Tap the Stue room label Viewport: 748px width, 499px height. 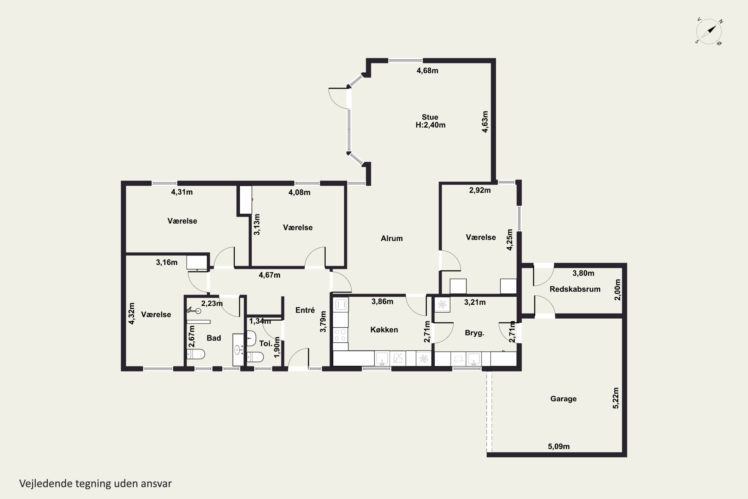click(x=430, y=117)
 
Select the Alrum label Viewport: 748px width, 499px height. click(x=392, y=238)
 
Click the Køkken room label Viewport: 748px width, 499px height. click(x=384, y=330)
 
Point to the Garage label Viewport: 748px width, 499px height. click(x=563, y=399)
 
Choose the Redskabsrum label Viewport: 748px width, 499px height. click(x=575, y=289)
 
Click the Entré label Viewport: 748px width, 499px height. click(x=305, y=310)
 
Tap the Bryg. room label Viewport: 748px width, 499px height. click(x=474, y=333)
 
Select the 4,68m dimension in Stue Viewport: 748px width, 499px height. click(x=427, y=71)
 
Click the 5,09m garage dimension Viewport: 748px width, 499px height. click(x=559, y=447)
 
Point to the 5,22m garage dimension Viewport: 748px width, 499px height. click(x=616, y=398)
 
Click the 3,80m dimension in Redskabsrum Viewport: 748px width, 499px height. click(x=583, y=273)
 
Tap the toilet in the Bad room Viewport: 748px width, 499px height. click(x=195, y=354)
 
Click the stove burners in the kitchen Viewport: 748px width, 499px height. click(x=340, y=335)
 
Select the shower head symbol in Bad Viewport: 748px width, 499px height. click(x=194, y=310)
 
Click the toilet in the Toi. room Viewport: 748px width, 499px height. click(x=255, y=357)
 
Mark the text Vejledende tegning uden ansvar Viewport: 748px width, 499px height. click(x=95, y=484)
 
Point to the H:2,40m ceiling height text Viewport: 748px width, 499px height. click(x=430, y=125)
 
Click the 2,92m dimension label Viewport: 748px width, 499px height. click(x=480, y=190)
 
